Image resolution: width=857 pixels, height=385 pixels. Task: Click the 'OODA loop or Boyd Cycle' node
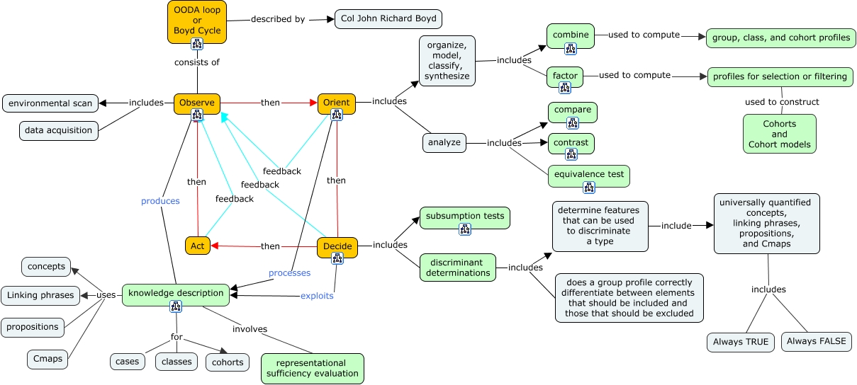[x=197, y=21]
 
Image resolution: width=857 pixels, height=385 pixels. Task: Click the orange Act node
[x=198, y=246]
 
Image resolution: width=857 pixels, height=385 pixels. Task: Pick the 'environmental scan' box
[x=50, y=103]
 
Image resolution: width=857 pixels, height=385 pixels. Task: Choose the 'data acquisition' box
[x=59, y=130]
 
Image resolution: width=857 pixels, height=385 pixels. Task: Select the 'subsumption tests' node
[x=465, y=217]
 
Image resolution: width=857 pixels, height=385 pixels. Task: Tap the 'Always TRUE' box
[x=741, y=342]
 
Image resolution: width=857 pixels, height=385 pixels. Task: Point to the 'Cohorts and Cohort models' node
[x=779, y=134]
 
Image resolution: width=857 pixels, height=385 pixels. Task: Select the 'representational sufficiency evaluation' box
[x=313, y=368]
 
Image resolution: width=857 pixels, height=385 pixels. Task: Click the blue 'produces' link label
[x=160, y=201]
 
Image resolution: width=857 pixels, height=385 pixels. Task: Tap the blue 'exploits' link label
[x=317, y=296]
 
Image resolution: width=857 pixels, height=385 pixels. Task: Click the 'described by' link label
[x=278, y=19]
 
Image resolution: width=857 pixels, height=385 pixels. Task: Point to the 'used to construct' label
[x=782, y=102]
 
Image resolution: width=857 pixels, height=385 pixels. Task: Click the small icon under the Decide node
[x=337, y=258]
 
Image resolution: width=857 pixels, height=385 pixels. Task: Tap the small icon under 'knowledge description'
[x=176, y=306]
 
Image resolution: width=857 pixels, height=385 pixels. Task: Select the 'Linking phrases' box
[x=41, y=295]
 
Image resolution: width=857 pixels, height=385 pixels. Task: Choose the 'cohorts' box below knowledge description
[x=228, y=362]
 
